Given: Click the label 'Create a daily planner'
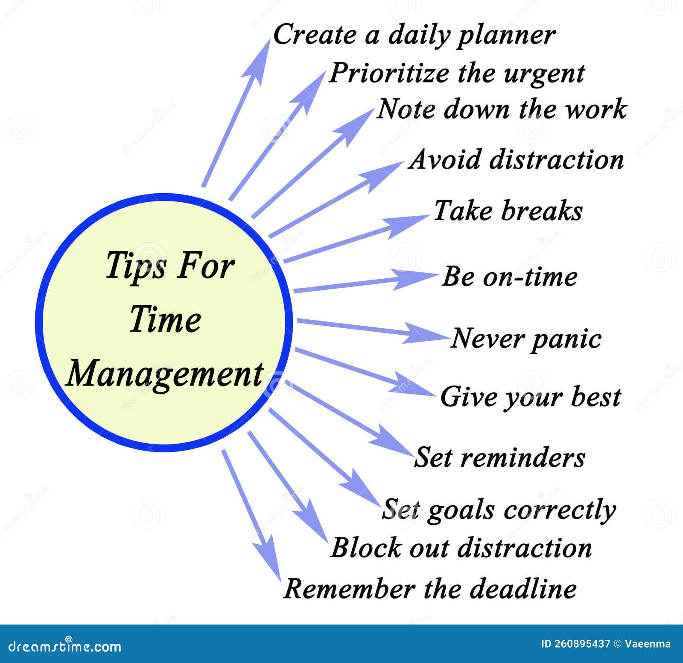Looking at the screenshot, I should point(414,35).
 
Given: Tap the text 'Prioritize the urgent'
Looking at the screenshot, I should point(456,74).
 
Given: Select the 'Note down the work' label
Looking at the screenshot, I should point(502,109).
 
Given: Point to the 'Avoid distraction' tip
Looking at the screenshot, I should point(516,160).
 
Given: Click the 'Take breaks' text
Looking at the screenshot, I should point(508,211).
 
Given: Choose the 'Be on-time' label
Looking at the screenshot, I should point(510,277).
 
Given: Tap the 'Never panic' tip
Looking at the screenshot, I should point(526,339).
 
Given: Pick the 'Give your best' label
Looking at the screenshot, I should point(530,397).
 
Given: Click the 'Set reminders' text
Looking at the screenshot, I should point(499,457).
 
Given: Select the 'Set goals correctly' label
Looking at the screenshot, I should point(499,510).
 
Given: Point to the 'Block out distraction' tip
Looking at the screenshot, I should point(461,548).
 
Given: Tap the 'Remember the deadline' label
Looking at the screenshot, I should point(430,589).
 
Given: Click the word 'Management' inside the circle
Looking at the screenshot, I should point(165,374).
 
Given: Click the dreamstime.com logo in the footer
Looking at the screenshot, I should point(65,646).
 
